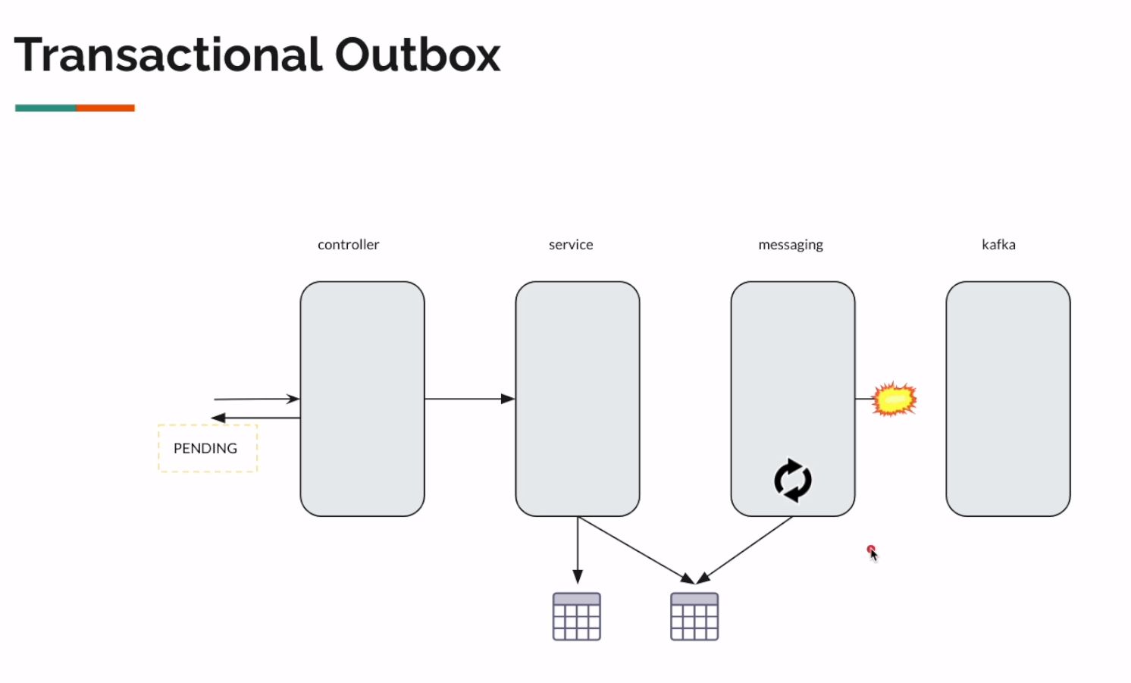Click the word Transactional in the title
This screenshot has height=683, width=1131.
coord(168,55)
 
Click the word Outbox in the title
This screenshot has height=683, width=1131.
coord(418,55)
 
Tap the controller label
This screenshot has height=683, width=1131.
coord(348,245)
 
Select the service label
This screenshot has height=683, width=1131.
coord(571,245)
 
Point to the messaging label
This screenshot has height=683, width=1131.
coord(791,245)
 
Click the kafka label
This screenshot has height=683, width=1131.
coord(998,245)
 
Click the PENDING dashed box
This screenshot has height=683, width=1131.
coord(207,448)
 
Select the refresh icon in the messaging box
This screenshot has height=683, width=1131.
coord(793,480)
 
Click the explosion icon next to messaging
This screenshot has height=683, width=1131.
coord(894,399)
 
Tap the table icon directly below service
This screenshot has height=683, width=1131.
coord(577,616)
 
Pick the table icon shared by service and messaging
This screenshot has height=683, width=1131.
coord(694,616)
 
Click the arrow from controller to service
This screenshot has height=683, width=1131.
coord(469,399)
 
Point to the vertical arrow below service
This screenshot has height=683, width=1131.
coord(578,550)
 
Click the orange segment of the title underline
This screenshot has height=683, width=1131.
coord(105,108)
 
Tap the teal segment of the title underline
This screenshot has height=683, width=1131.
coord(45,108)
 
